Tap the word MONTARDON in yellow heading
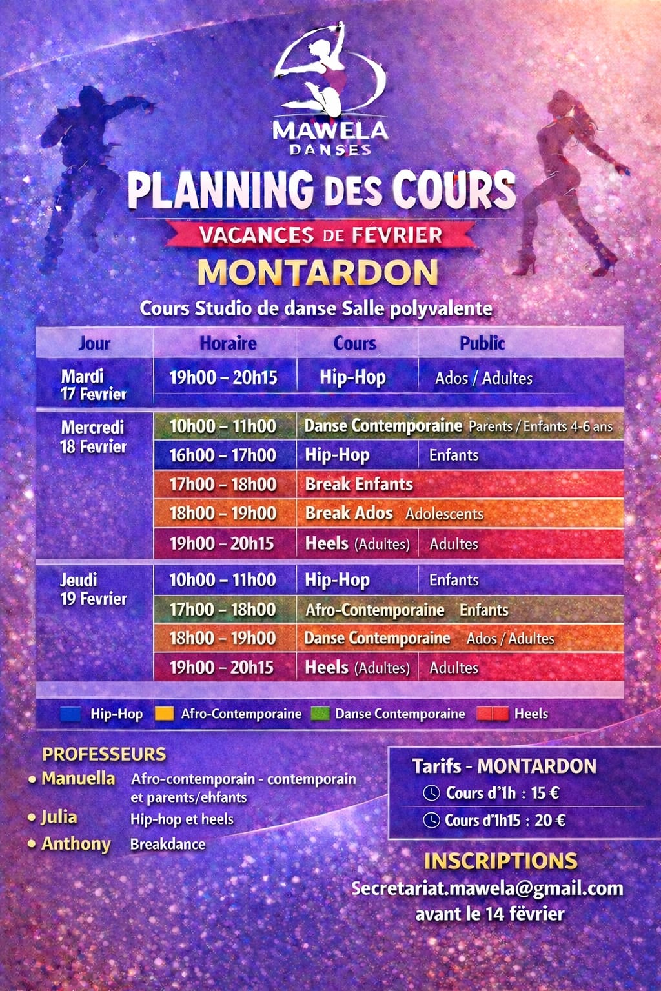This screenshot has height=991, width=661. (x=318, y=272)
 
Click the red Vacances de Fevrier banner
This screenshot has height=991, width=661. (x=321, y=235)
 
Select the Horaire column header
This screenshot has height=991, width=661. (x=228, y=343)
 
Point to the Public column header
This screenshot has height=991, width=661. (x=482, y=343)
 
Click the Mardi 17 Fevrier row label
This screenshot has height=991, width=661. (x=93, y=385)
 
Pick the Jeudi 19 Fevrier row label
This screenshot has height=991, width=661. (x=93, y=589)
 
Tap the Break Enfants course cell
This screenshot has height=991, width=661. (x=359, y=485)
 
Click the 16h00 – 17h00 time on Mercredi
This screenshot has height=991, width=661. (x=223, y=455)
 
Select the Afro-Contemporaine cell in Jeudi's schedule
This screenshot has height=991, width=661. (x=375, y=610)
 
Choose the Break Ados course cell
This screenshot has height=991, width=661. (x=349, y=514)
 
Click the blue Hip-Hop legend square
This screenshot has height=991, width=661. (x=70, y=714)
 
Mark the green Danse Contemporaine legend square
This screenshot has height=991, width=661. (x=320, y=714)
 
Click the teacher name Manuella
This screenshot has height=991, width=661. (x=78, y=779)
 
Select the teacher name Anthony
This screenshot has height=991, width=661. (x=76, y=844)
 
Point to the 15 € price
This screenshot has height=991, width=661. (x=545, y=793)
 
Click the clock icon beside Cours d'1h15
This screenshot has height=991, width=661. (x=431, y=821)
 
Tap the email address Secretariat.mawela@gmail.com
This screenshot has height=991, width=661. (x=487, y=888)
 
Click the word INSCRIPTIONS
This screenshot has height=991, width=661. (x=500, y=861)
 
